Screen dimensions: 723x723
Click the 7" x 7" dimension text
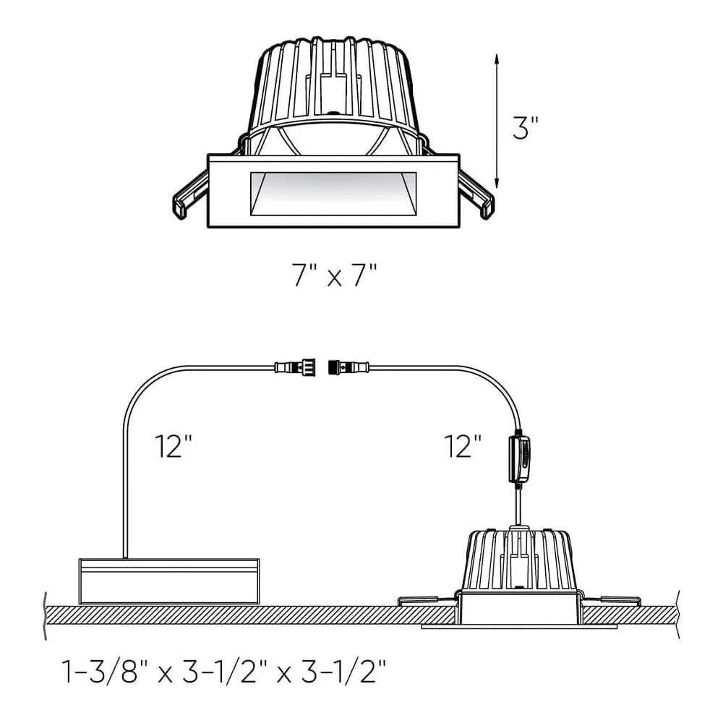335,276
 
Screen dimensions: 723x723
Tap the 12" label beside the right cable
462,446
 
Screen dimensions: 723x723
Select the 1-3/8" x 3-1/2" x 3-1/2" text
225,674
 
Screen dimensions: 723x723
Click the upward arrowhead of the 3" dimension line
497,58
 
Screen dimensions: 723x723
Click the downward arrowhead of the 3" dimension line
497,182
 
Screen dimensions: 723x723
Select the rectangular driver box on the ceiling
168,581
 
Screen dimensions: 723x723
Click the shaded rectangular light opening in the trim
333,194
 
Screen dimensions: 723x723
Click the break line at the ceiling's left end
46,615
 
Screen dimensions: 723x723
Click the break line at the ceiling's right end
677,615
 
